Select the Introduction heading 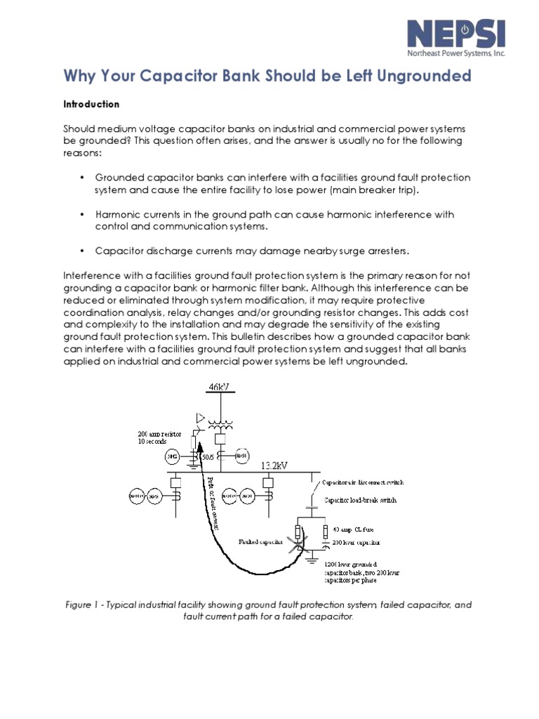[x=92, y=104]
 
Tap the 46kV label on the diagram [x=219, y=388]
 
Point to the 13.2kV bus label [x=276, y=466]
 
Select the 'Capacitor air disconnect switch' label [x=362, y=483]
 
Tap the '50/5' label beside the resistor [x=208, y=457]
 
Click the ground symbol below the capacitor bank [x=311, y=562]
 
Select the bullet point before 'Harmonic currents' [x=82, y=215]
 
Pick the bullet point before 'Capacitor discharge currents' [x=82, y=251]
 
